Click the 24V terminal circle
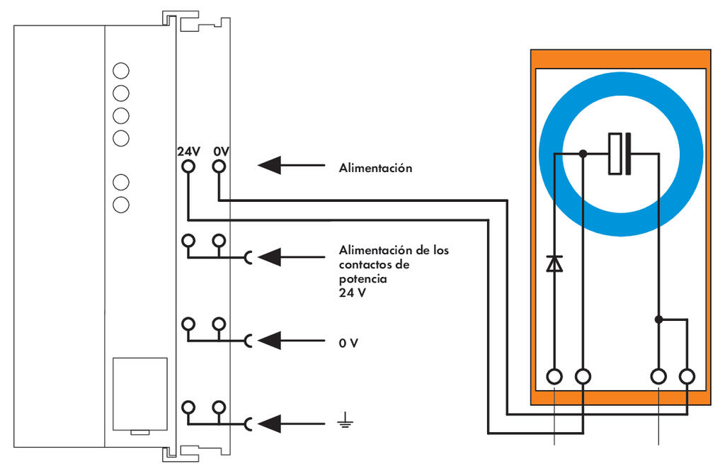[x=188, y=166]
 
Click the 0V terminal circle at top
[x=219, y=166]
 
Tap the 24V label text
[x=188, y=152]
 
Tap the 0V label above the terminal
[x=222, y=152]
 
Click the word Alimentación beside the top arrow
[x=375, y=169]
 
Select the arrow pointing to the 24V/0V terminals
[x=283, y=166]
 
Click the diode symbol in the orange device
[x=554, y=263]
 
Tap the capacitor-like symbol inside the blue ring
[x=620, y=153]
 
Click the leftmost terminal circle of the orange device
[x=554, y=376]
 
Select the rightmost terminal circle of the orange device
[x=687, y=376]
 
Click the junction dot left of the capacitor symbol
[x=583, y=153]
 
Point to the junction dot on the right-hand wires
[x=659, y=319]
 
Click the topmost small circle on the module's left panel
[x=121, y=70]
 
